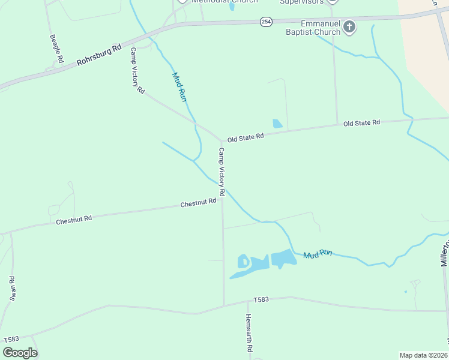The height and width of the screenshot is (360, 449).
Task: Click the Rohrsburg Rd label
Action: point(99,55)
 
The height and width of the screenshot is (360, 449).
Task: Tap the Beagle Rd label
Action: point(56,49)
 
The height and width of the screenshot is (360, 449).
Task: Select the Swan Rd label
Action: point(11,287)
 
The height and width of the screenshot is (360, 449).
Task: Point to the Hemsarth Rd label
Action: point(249,334)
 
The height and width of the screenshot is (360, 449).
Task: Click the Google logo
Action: point(20,353)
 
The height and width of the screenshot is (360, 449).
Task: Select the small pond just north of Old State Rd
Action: point(277,124)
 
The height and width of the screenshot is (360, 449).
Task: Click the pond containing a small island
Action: point(244,262)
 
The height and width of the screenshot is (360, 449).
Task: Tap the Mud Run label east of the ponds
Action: point(318,254)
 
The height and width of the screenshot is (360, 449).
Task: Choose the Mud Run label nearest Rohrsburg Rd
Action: point(179,87)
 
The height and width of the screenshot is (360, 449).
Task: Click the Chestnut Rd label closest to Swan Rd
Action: point(74,220)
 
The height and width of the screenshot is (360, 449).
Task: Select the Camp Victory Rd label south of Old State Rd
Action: point(221,172)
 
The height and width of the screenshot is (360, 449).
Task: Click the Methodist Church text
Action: point(216,2)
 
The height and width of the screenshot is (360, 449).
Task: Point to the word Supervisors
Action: point(302,2)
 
